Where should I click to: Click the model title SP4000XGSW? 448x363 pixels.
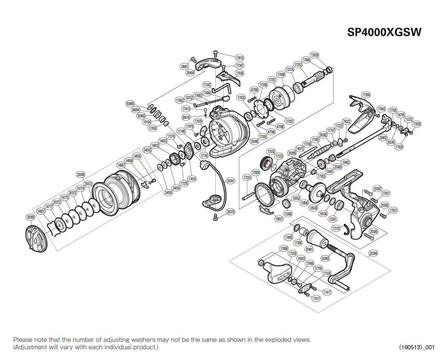[x=384, y=32]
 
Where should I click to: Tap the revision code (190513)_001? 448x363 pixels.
[x=417, y=347]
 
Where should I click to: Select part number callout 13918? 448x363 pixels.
[x=239, y=58]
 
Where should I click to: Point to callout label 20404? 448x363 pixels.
[x=190, y=73]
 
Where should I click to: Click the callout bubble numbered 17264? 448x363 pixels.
[x=366, y=95]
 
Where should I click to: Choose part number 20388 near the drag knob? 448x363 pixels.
[x=30, y=217]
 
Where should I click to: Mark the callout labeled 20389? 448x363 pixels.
[x=80, y=174]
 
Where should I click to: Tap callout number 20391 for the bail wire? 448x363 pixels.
[x=230, y=181]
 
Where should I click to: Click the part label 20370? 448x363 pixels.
[x=231, y=212]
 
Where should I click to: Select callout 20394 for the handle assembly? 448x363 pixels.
[x=373, y=253]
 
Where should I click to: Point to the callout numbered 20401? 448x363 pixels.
[x=309, y=249]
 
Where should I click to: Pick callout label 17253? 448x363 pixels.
[x=247, y=177]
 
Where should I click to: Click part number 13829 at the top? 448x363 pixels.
[x=314, y=55]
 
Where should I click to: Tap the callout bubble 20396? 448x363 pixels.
[x=254, y=141]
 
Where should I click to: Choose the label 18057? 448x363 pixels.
[x=279, y=219]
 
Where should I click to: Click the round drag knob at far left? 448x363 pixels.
[x=37, y=239]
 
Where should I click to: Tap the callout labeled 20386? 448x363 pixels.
[x=374, y=232]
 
